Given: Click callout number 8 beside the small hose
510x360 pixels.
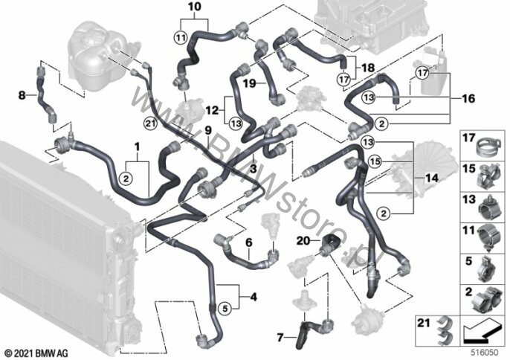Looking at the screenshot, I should (x=22, y=94).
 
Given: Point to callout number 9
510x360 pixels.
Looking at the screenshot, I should (x=208, y=129).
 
